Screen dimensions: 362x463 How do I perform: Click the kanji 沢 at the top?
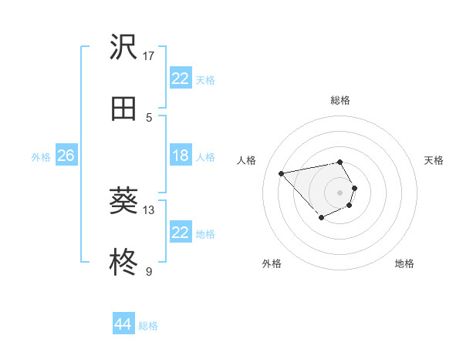[123, 48]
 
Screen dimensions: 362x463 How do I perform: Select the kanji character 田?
[123, 109]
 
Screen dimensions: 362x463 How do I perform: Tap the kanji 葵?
[123, 201]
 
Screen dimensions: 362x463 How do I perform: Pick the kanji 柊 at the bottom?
[123, 263]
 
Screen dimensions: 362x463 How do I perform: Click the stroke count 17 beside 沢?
[149, 55]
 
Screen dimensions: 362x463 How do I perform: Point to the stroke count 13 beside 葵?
[149, 209]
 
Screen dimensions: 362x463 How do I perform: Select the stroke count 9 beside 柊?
[149, 271]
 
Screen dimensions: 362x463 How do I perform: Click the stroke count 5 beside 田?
[149, 117]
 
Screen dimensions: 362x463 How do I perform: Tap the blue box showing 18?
[180, 156]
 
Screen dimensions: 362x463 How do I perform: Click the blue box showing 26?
[66, 156]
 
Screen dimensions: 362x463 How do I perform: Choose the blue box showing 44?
[123, 324]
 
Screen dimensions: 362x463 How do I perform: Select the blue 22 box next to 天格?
[180, 79]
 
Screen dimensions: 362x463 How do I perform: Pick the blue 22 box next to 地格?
[180, 233]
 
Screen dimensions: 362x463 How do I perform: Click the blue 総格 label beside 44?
[148, 326]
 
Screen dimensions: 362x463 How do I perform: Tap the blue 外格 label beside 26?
[41, 157]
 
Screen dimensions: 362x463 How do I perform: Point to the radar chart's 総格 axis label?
[340, 100]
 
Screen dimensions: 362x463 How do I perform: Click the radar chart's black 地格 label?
[404, 263]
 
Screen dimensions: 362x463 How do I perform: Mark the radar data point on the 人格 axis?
[282, 173]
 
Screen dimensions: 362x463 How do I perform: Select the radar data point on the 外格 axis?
[321, 218]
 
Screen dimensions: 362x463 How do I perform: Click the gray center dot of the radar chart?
[340, 192]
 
